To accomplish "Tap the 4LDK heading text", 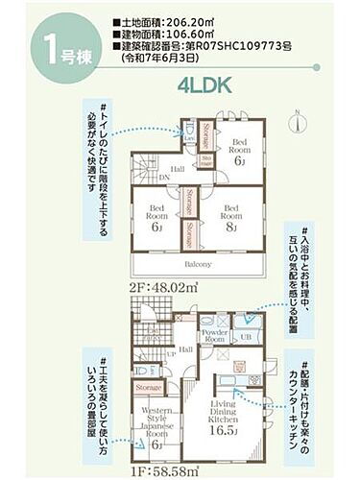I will coord(204,85).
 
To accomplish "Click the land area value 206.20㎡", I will coord(193,19).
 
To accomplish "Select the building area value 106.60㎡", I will coord(193,33).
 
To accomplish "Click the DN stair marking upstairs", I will coord(164,178).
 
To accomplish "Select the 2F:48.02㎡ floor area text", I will coord(161,285).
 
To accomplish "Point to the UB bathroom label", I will coord(246,338).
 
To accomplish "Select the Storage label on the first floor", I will coord(149,387).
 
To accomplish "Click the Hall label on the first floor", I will coord(184,349).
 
